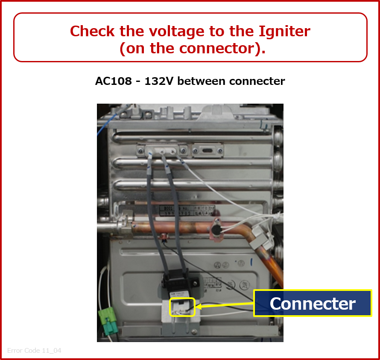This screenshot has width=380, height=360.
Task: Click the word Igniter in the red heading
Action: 284,32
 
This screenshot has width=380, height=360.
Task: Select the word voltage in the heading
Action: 177,32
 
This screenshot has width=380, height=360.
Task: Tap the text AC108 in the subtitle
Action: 114,81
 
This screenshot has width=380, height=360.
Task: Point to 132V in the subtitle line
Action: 159,81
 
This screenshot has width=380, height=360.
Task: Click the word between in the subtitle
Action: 202,81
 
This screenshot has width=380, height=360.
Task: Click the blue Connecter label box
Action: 313,303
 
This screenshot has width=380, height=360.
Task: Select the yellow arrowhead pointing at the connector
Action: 199,306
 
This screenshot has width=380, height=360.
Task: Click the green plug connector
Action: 108,321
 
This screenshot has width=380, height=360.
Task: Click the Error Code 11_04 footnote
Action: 34,350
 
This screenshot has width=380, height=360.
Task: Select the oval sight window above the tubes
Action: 208,151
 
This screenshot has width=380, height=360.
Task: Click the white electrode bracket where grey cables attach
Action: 162,150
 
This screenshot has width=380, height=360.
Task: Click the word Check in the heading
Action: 92,32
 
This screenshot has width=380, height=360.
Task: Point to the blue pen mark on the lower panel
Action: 251,262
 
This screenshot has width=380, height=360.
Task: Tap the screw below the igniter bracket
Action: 194,331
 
